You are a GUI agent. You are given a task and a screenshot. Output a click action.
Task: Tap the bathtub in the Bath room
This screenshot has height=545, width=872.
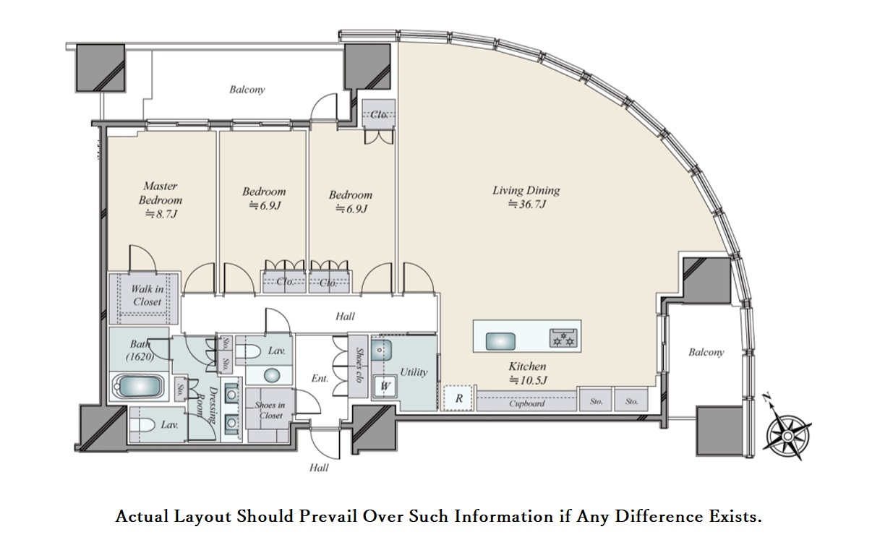pos(139,386)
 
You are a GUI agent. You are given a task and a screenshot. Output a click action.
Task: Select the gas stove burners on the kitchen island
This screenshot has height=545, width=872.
pos(563,338)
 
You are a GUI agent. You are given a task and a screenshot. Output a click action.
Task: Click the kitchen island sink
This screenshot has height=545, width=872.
pos(500,341)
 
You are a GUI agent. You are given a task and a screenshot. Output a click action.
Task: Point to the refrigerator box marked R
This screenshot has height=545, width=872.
pos(458,398)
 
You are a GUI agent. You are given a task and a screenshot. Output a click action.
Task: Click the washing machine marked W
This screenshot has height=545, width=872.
pos(385,386)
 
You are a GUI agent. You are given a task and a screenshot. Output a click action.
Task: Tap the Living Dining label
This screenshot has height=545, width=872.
pos(526,190)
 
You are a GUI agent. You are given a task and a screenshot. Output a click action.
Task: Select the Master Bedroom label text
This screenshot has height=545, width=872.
pos(161,193)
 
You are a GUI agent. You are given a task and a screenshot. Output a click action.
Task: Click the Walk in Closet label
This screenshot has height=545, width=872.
pos(147,295)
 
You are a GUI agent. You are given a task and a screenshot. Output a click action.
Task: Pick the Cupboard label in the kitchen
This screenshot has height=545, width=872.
pos(526,403)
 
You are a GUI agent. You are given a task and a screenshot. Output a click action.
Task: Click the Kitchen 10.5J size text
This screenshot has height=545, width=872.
pos(529,380)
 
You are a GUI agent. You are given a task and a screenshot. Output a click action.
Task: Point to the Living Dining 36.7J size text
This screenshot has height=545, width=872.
pos(527,204)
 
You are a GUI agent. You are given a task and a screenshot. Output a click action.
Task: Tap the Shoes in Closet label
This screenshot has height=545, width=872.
pos(270,411)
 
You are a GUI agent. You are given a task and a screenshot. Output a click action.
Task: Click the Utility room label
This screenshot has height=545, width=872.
pos(414,372)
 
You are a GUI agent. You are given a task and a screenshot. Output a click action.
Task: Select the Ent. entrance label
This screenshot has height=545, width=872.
pos(320,378)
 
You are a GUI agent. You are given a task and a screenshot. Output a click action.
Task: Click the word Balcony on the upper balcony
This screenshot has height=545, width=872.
pos(247,90)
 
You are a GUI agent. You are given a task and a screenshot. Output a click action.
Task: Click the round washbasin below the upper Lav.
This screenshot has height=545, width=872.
pos(272,375)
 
